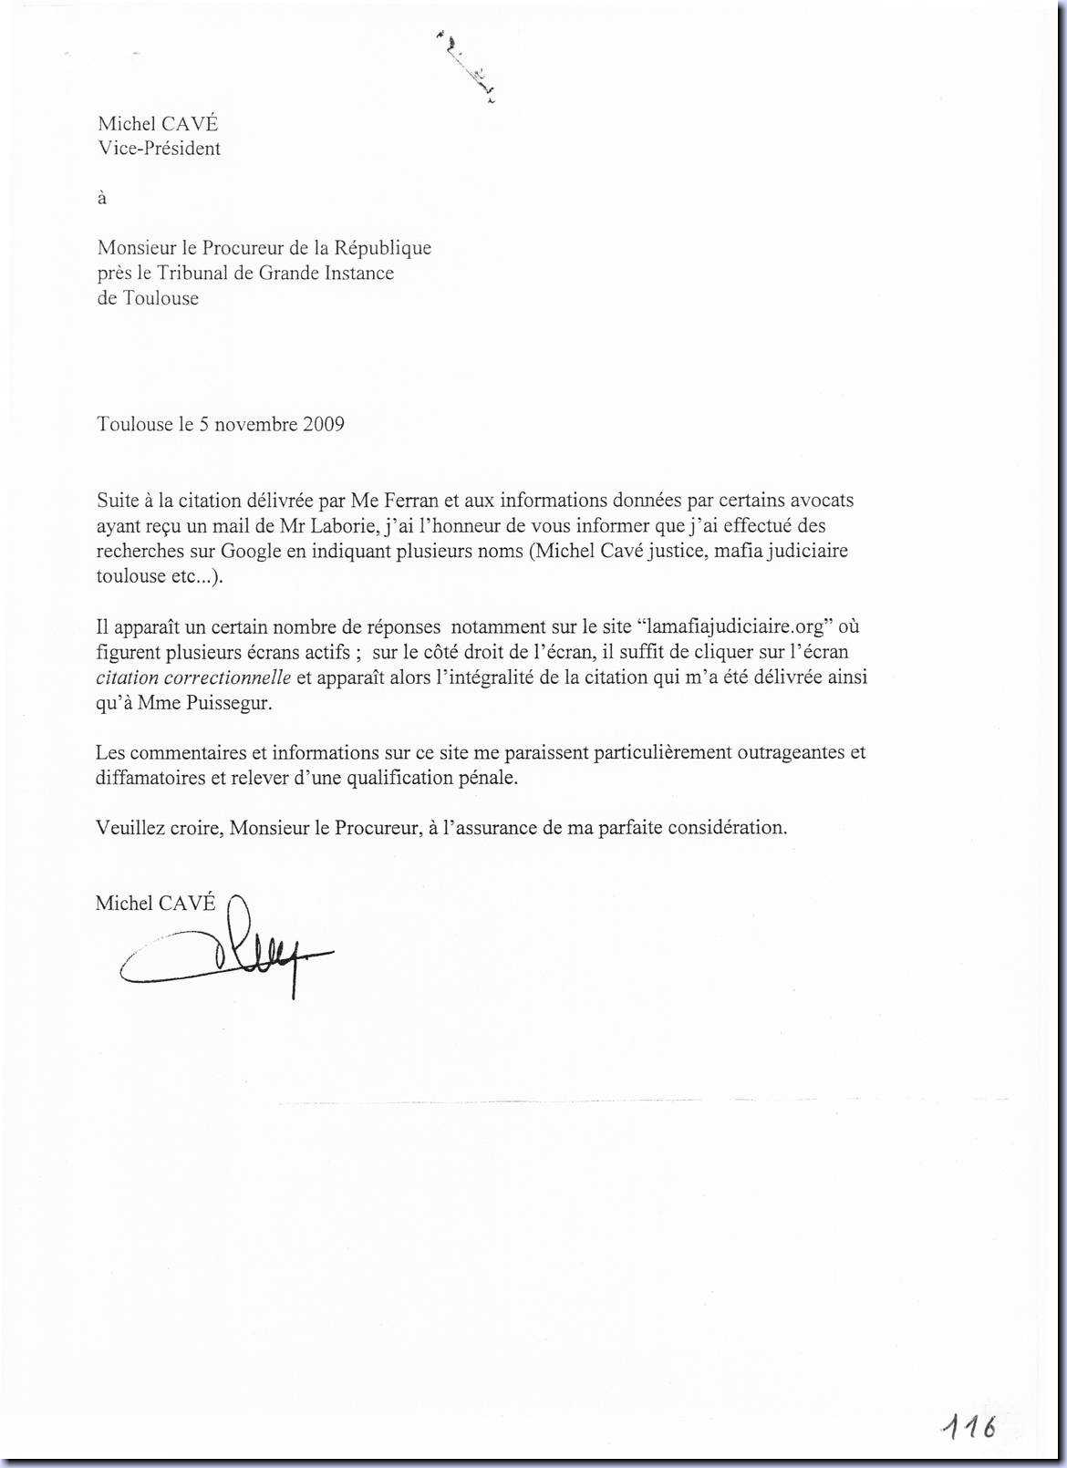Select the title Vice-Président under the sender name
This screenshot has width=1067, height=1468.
(x=160, y=149)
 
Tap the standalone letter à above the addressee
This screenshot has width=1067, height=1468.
(x=102, y=198)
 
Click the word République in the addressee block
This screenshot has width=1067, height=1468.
(x=382, y=247)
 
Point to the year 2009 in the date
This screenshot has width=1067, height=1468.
(x=324, y=424)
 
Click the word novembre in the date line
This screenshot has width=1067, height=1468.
(x=255, y=424)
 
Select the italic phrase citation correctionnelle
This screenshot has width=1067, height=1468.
(x=193, y=677)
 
